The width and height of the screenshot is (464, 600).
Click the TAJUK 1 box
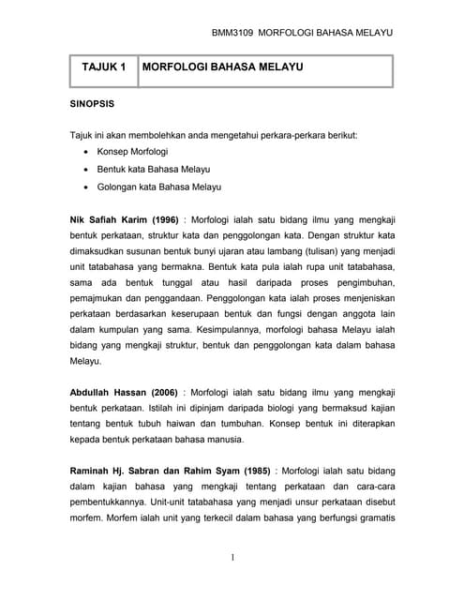click(103, 68)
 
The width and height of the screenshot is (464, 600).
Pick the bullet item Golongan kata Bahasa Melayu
click(158, 187)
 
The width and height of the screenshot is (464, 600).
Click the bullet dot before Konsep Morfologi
click(87, 151)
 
